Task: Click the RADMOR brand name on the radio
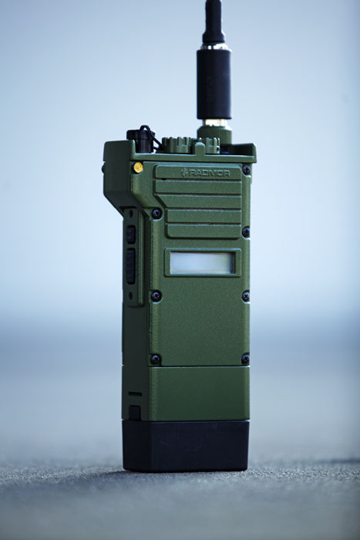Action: point(209,173)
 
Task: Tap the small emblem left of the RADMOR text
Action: point(184,172)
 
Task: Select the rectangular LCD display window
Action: point(202,263)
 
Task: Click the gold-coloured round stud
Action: point(138,167)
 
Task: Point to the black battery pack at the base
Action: point(186,446)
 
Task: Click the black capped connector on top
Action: point(139,140)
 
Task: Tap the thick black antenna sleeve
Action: point(214,84)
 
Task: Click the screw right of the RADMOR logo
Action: point(246,170)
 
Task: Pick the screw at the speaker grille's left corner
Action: point(156,214)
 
